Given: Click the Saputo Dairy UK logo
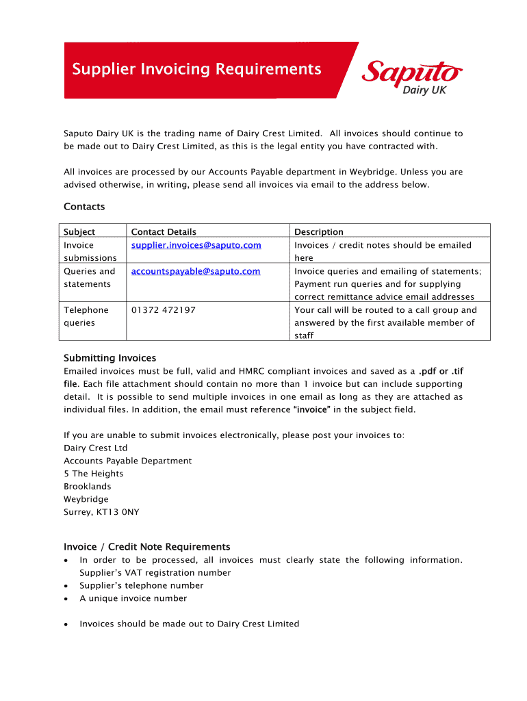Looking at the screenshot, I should point(412,76).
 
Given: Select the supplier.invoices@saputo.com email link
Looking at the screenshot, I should point(196,245).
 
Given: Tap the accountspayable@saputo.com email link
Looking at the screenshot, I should point(195,271).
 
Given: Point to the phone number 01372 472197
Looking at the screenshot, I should point(163,310).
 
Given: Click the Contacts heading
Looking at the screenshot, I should point(84,207).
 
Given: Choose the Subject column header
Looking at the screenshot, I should point(79,232).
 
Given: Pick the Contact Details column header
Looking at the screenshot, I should point(164,232).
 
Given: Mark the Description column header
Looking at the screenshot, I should point(319,232).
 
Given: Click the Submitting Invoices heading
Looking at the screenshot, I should point(110,358).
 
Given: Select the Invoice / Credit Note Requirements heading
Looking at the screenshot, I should point(147,547).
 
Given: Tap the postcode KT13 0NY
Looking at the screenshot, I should point(123,512).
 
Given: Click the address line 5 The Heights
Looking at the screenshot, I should point(94,474).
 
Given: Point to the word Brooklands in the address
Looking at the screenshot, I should point(87,487).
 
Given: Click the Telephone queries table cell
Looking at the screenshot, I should point(86,316).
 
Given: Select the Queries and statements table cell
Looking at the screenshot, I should point(90,277).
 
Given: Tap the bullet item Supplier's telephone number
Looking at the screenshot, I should point(141,586).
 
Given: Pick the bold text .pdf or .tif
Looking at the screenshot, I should point(441,371).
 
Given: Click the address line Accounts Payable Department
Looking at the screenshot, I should point(127,461).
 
